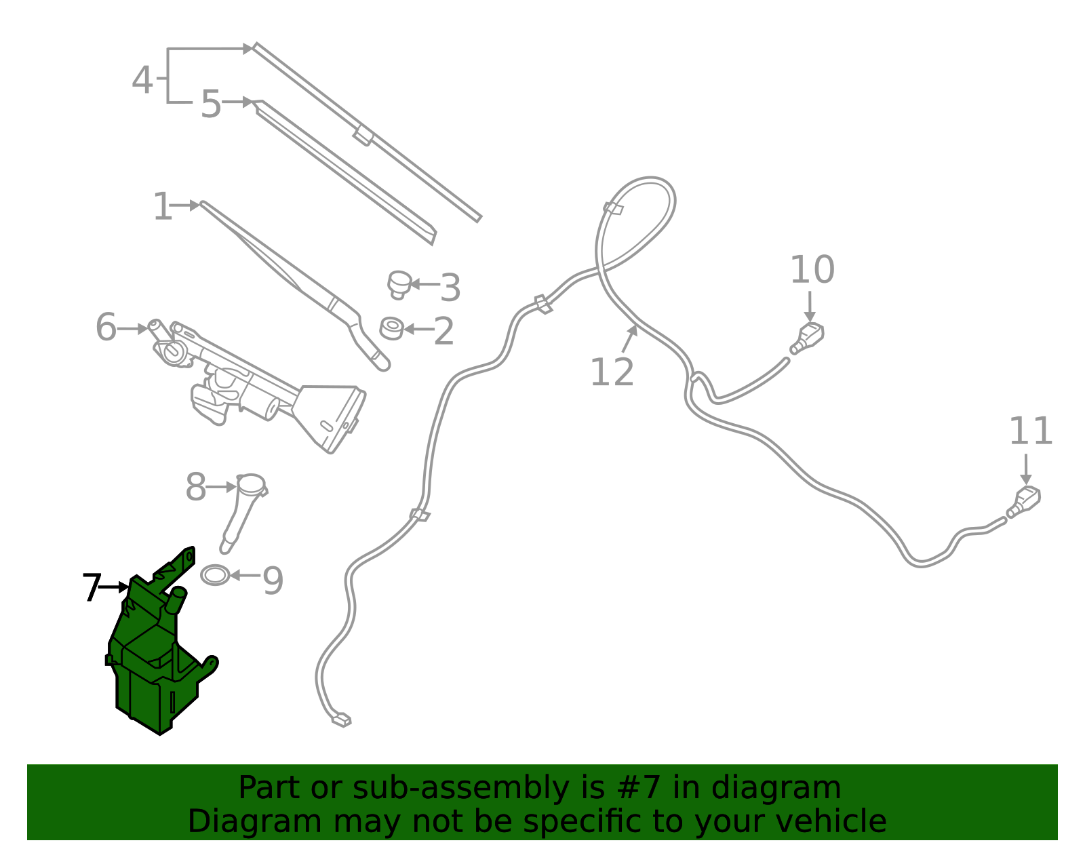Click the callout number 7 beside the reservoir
[92, 587]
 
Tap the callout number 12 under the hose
[612, 372]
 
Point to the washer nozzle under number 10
[808, 339]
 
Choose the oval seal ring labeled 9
[215, 575]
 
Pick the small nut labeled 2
[391, 328]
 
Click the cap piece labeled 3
[399, 285]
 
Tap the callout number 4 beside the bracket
[142, 80]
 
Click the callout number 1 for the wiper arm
[162, 206]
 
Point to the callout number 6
[106, 328]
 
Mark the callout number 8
[196, 487]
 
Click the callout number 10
[812, 269]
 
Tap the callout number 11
[1031, 431]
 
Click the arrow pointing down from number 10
[810, 307]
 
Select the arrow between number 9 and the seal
[245, 576]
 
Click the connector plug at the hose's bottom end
[342, 720]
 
